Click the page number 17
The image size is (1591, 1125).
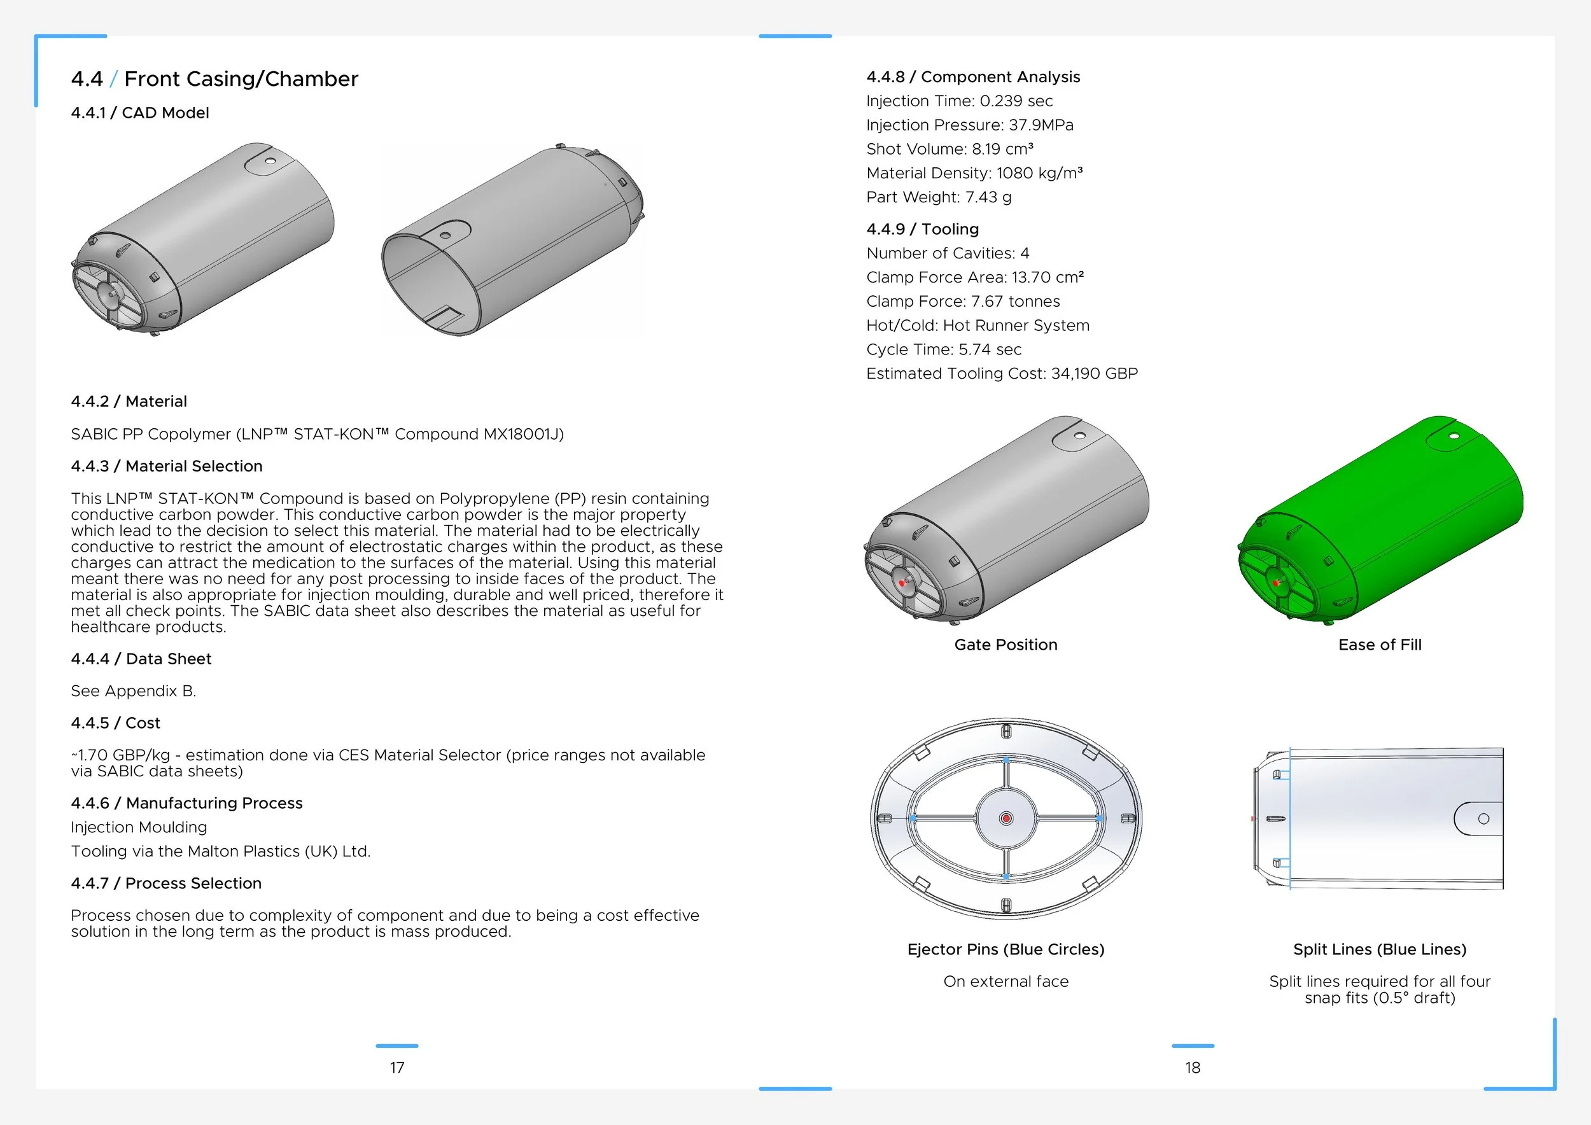point(397,1068)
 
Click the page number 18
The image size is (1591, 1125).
point(1193,1068)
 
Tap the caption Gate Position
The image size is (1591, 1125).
point(1006,645)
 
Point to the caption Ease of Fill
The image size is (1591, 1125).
point(1380,645)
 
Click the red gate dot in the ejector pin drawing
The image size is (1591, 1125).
point(1006,819)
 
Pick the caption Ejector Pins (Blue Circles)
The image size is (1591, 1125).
point(1006,949)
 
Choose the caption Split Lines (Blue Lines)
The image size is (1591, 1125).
point(1380,949)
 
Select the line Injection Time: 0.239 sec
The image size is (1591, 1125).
point(959,101)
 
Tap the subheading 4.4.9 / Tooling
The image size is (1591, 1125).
point(922,229)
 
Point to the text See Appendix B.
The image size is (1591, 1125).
point(134,690)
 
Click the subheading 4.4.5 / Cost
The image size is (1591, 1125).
point(115,723)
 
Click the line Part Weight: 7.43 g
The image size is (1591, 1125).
point(938,197)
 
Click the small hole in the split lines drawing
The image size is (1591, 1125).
point(1483,819)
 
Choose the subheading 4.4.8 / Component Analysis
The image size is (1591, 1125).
point(973,77)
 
